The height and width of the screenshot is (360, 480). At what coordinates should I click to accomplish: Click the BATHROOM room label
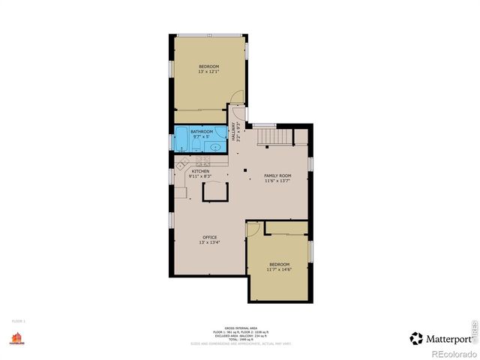click(202, 132)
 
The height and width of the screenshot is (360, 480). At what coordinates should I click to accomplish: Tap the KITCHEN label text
click(200, 171)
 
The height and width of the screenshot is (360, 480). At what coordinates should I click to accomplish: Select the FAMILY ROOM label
click(277, 175)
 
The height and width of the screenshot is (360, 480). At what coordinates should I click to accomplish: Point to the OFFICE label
click(209, 238)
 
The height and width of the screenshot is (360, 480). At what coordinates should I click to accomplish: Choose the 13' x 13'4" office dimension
click(209, 243)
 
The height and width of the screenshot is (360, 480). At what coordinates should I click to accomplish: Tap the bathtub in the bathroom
click(182, 139)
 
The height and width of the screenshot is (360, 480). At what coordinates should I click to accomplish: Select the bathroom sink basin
click(216, 147)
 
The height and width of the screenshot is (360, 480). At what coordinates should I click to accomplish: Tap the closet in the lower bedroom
click(286, 227)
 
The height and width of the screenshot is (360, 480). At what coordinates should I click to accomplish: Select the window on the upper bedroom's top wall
click(209, 34)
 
